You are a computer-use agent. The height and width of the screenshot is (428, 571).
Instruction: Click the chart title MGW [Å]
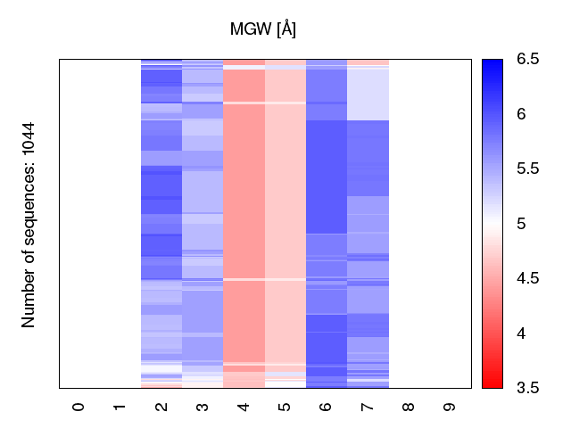point(263,29)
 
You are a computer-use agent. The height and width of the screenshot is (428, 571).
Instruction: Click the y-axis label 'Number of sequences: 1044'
point(29,225)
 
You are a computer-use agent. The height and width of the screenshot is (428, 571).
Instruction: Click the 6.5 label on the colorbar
point(528,60)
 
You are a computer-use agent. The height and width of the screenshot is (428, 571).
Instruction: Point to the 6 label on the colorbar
point(522,114)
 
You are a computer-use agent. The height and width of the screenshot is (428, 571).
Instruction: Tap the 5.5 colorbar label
point(528,169)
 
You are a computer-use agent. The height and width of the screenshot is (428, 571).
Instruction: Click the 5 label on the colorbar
point(522,224)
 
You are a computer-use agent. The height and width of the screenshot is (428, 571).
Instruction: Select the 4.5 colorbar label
point(528,278)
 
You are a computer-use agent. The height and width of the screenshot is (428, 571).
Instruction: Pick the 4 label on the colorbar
point(522,333)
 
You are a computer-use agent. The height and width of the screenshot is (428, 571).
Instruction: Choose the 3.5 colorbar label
point(528,388)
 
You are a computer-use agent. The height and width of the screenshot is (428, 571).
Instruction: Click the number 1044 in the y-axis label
point(29,142)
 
